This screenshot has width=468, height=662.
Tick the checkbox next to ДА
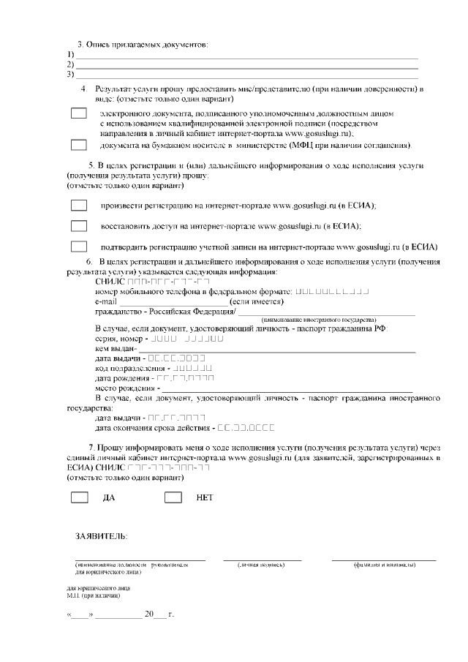(79, 497)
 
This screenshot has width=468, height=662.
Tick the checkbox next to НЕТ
(173, 497)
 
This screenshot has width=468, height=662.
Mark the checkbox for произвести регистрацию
(79, 206)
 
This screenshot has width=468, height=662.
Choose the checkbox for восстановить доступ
(79, 226)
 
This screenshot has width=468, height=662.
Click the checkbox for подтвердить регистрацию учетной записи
(79, 246)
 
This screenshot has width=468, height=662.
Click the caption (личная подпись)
(262, 565)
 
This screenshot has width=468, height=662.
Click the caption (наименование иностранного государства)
(318, 320)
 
